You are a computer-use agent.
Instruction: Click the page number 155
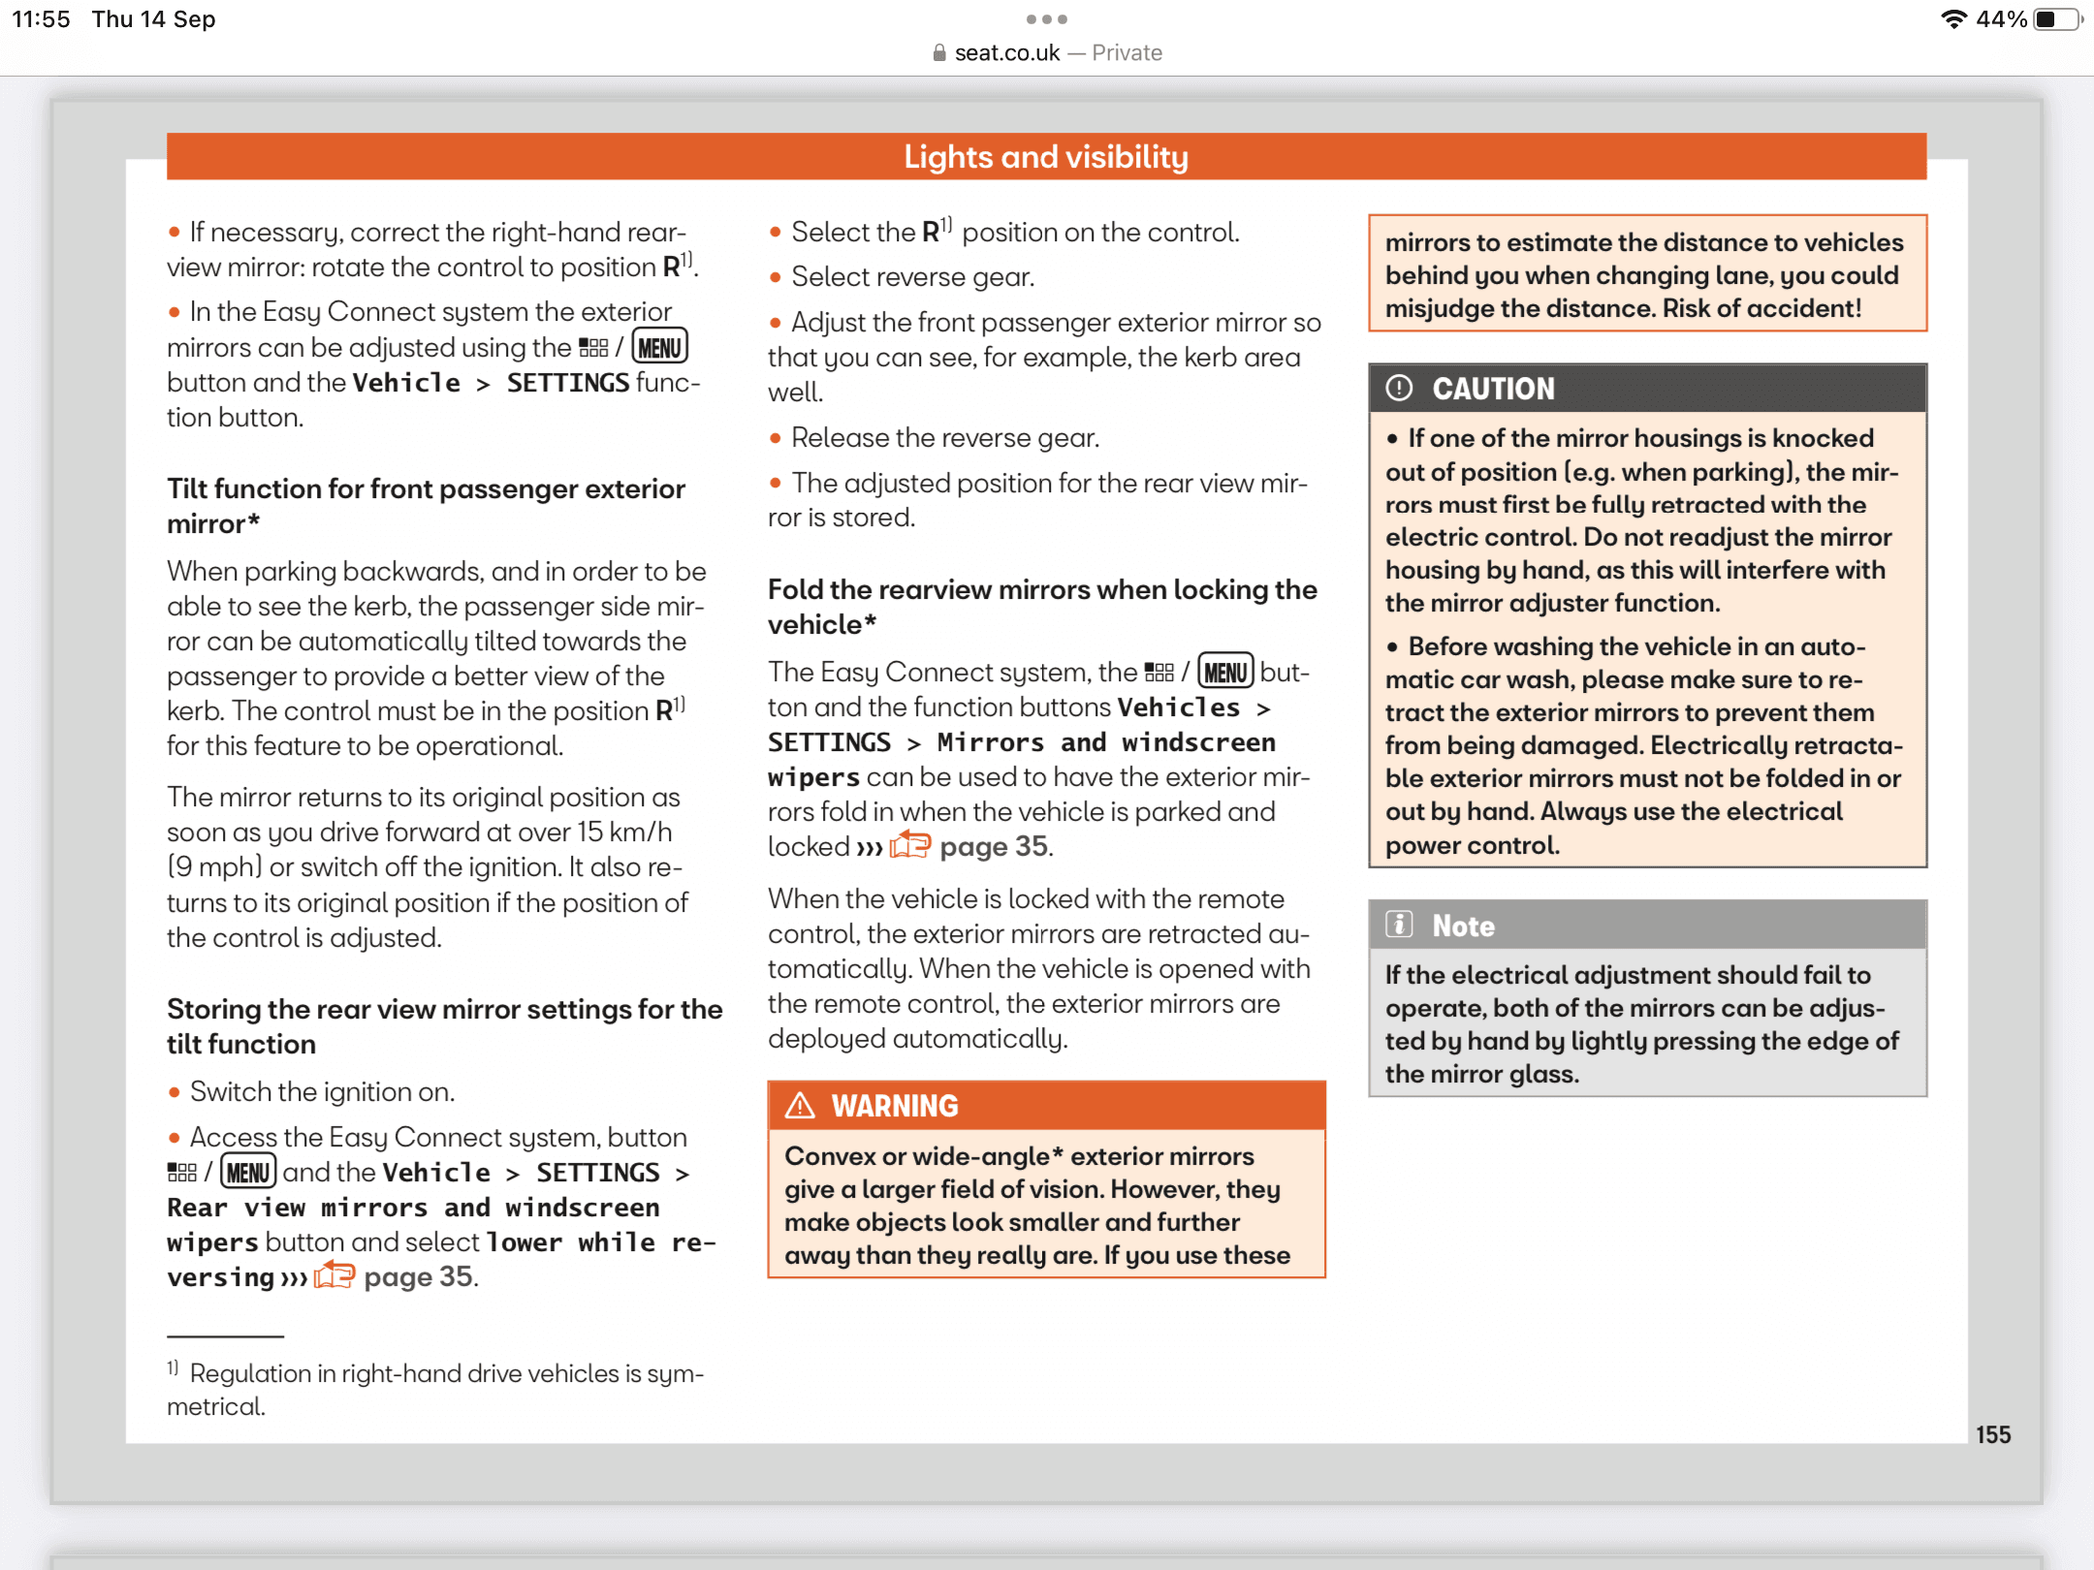tap(1993, 1435)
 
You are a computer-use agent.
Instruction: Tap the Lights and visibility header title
tap(1046, 157)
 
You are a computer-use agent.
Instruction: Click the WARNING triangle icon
tap(800, 1106)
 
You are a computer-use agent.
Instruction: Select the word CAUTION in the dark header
tap(1493, 389)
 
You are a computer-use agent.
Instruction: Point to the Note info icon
tap(1399, 926)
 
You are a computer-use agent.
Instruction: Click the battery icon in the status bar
tap(2055, 19)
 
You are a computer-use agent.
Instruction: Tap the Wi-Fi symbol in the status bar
tap(1953, 19)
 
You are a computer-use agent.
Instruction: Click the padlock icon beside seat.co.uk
tap(939, 53)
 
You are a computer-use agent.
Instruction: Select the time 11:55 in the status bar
tap(41, 19)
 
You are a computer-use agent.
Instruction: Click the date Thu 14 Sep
tap(153, 19)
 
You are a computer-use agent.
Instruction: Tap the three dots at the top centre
tap(1047, 19)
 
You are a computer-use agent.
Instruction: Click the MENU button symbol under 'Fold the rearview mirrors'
tap(1225, 672)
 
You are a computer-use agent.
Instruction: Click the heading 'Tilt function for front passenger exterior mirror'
tap(426, 505)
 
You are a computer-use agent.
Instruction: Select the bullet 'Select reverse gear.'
tap(912, 277)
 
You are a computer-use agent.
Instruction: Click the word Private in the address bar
tap(1126, 53)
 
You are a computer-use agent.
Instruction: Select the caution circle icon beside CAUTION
tap(1399, 389)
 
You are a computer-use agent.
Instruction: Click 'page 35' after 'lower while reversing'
tap(419, 1277)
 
